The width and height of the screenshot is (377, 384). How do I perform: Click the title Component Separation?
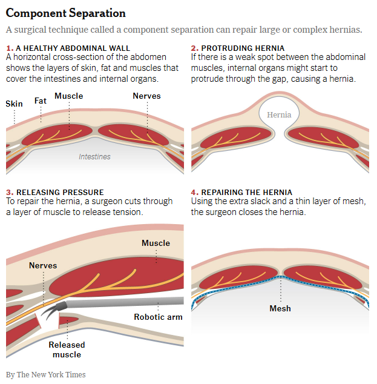pos(66,13)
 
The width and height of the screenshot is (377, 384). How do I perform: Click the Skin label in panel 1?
pos(14,104)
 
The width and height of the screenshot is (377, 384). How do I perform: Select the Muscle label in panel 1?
pos(68,96)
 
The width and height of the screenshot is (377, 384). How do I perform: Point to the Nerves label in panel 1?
pos(146,96)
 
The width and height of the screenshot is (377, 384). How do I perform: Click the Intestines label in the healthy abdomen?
pos(94,156)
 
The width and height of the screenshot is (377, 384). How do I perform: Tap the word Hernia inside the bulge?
pos(279,114)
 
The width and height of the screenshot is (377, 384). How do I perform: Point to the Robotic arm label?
pos(158,317)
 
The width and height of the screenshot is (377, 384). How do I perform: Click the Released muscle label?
pos(67,349)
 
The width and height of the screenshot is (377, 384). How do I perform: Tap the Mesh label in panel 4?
pos(280,308)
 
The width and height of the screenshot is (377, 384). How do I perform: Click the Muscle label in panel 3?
pos(156,243)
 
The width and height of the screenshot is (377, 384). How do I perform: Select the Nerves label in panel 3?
pos(43,265)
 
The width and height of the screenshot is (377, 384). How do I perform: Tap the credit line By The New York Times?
pos(46,374)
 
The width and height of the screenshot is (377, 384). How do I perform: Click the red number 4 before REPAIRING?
pos(194,192)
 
